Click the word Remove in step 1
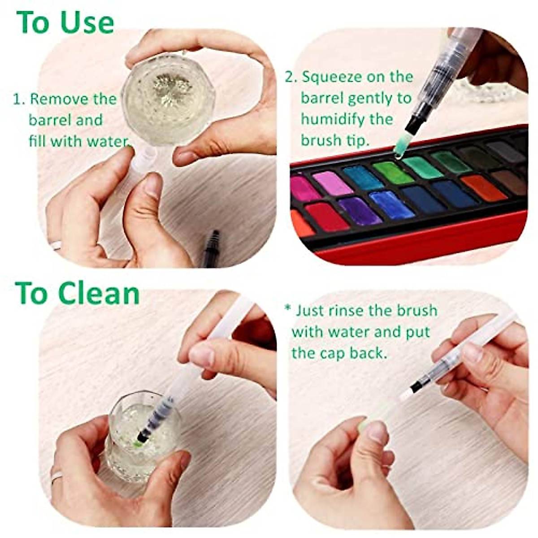coord(59,99)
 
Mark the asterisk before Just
coord(288,308)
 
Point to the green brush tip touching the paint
coord(400,146)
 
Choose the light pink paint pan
coord(332,183)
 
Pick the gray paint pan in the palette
coord(505,152)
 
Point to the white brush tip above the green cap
coord(406,395)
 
